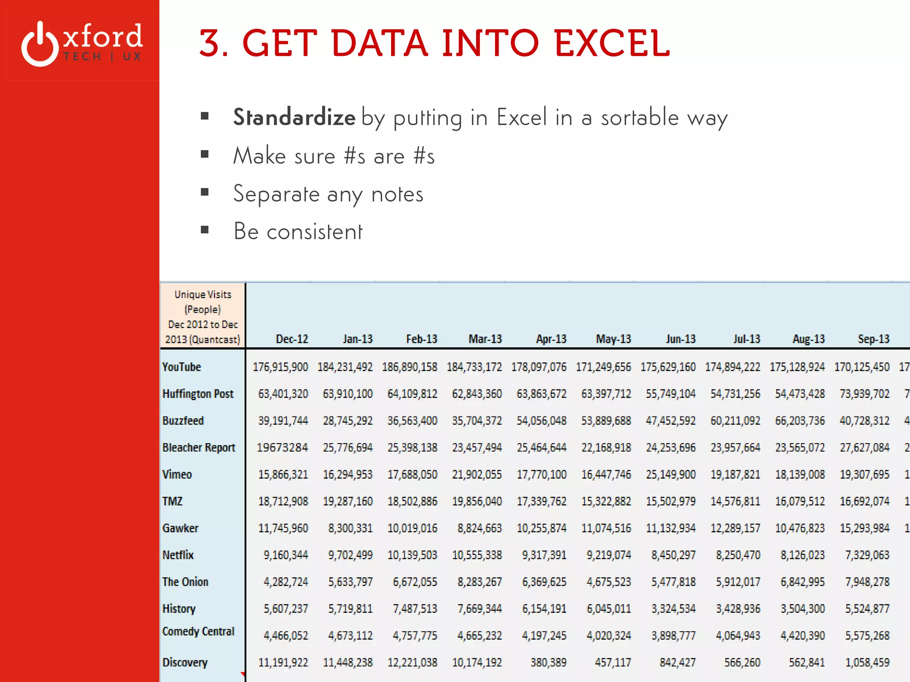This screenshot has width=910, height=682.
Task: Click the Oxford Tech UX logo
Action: [x=82, y=43]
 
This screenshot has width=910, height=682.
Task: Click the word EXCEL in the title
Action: [x=612, y=43]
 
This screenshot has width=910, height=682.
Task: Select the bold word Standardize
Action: [x=294, y=117]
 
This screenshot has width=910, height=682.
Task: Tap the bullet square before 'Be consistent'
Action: [x=204, y=230]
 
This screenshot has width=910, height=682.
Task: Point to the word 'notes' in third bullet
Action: [x=397, y=194]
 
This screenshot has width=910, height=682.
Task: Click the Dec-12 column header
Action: [x=292, y=339]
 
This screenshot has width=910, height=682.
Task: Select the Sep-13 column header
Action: [x=873, y=339]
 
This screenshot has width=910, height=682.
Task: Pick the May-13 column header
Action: [x=613, y=339]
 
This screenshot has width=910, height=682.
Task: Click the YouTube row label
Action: [x=181, y=367]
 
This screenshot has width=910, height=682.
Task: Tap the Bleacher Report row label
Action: [x=199, y=448]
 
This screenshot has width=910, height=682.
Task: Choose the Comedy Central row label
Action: [x=198, y=631]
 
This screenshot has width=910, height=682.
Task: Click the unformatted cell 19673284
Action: [x=282, y=448]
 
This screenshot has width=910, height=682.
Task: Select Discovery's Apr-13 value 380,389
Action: [x=548, y=662]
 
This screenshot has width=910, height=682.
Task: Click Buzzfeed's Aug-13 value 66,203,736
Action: [x=800, y=421]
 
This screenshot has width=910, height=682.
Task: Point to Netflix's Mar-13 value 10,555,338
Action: [x=477, y=555]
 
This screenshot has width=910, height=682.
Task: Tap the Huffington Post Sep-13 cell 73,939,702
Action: [x=864, y=394]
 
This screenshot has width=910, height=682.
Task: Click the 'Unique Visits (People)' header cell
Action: [x=203, y=317]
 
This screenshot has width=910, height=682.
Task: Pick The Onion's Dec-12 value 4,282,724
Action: [x=286, y=582]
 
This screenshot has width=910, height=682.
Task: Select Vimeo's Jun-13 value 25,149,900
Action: [x=671, y=475]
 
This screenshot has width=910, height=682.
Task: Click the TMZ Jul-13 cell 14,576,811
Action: [x=735, y=501]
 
